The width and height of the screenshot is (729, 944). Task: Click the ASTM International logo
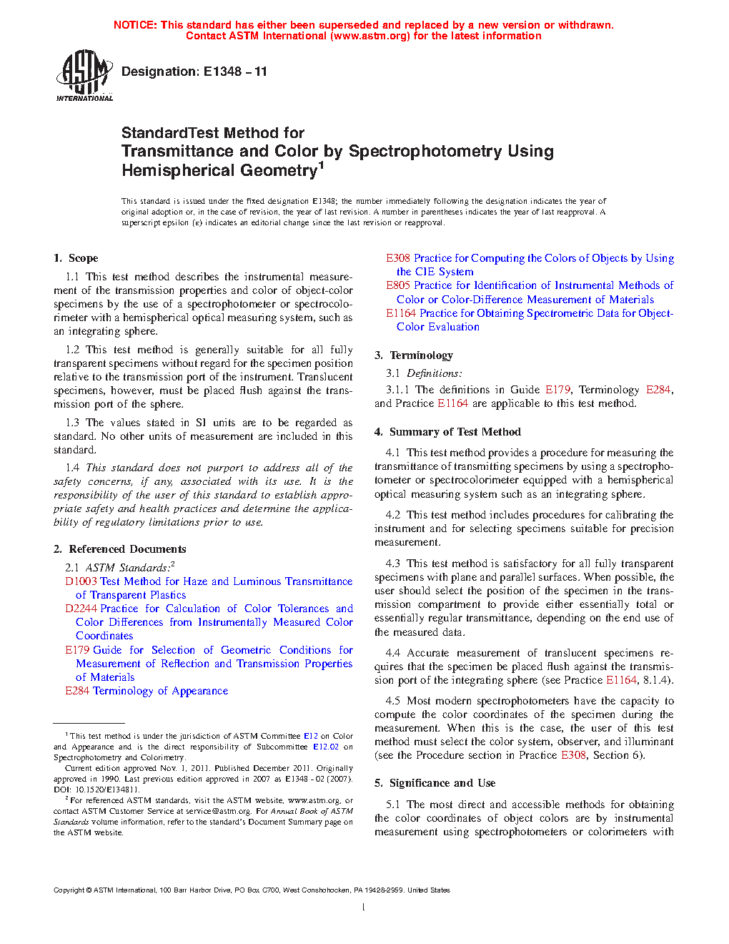(x=84, y=76)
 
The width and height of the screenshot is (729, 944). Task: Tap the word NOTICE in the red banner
(x=134, y=25)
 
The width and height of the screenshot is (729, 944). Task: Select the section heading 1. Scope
(x=76, y=258)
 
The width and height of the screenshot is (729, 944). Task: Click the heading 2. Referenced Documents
(x=119, y=549)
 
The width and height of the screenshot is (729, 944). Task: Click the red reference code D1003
(x=81, y=581)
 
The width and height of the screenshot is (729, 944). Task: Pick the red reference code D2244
(x=81, y=609)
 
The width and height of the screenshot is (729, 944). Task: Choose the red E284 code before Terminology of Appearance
(x=77, y=691)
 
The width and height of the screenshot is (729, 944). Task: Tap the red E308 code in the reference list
(x=398, y=258)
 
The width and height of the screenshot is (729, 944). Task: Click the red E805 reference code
(x=398, y=285)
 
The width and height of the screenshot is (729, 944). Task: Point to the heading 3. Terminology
(x=414, y=355)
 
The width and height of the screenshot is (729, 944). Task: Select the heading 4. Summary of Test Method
(x=447, y=432)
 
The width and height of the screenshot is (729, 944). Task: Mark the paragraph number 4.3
(x=392, y=564)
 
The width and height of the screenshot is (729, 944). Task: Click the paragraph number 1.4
(x=72, y=468)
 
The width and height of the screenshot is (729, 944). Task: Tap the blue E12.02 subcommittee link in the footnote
(x=326, y=747)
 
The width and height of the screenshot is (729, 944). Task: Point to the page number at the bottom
(x=364, y=908)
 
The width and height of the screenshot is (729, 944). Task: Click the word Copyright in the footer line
(x=69, y=890)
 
